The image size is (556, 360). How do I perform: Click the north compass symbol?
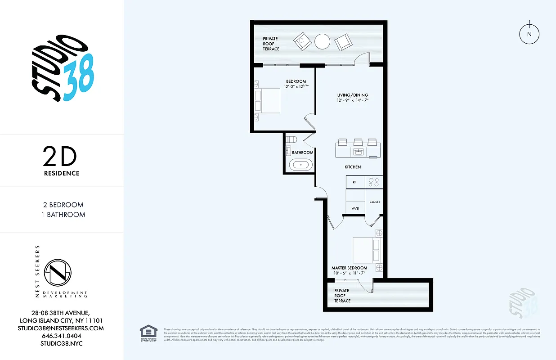pos(529,34)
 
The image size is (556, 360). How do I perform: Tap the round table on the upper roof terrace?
pos(322,42)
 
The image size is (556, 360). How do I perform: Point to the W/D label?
pos(355,208)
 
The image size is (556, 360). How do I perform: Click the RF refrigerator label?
pos(354,182)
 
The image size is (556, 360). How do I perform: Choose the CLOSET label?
pos(374,202)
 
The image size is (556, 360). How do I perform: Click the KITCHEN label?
pos(353,167)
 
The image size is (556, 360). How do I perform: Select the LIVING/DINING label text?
pos(353,95)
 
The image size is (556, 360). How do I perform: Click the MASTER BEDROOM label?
pos(349,268)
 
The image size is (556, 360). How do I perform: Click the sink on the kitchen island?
pos(359,151)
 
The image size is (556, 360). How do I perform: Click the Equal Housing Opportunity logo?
pos(148,333)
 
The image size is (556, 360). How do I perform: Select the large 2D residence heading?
pos(60,157)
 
